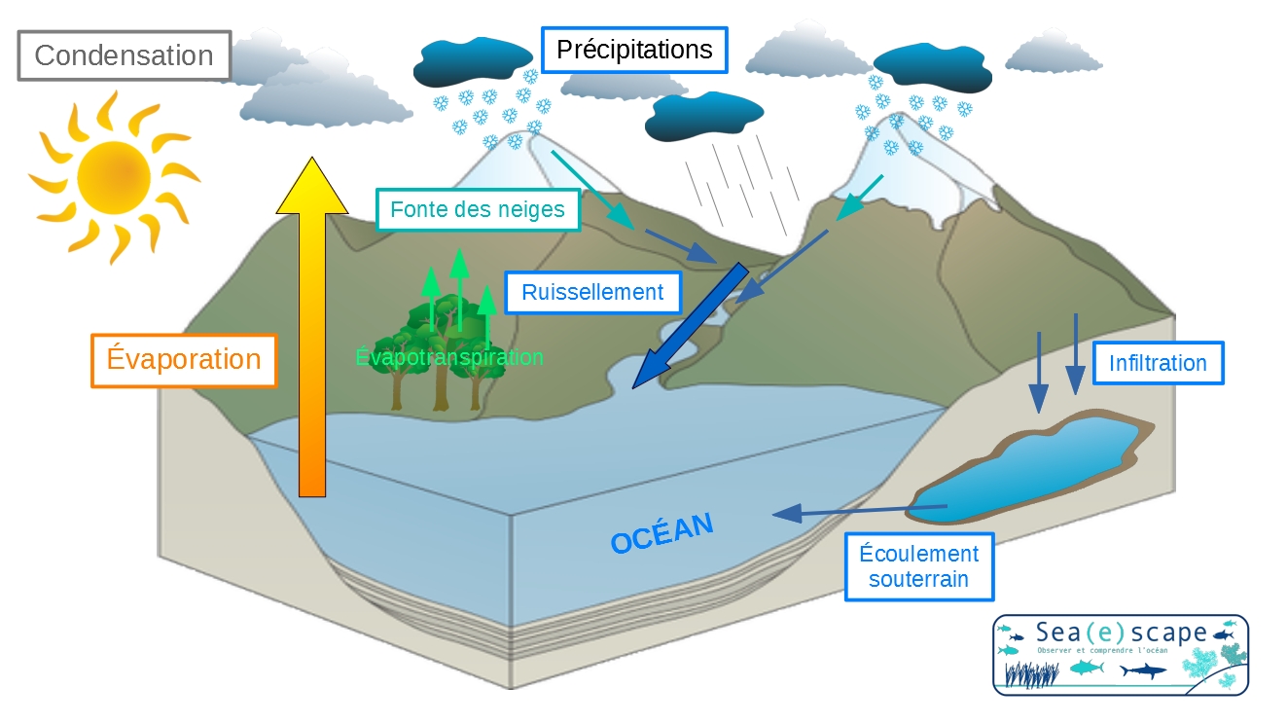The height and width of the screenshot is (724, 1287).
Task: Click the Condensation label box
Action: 124,55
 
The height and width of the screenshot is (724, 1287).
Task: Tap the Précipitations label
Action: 634,50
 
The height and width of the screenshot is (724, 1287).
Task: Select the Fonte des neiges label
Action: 478,209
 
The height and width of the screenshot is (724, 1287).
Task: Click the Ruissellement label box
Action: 592,292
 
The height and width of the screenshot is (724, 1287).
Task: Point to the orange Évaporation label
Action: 184,360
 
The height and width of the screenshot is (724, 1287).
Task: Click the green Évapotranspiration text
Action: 449,357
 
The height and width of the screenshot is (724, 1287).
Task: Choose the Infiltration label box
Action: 1158,364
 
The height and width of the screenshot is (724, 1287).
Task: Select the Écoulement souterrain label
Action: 919,566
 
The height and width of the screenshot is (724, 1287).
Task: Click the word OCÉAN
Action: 661,534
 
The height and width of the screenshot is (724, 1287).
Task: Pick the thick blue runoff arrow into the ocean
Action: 686,326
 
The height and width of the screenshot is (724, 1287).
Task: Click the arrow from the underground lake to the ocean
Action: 856,510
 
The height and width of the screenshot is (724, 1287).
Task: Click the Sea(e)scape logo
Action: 1120,654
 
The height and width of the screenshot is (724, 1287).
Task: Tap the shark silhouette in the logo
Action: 1142,670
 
